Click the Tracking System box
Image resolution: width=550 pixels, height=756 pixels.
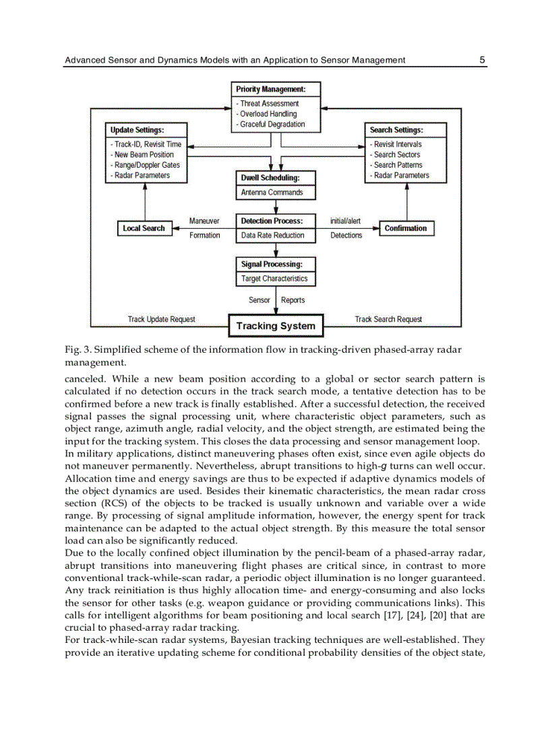pyautogui.click(x=276, y=326)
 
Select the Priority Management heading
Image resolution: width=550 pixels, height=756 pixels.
pyautogui.click(x=270, y=90)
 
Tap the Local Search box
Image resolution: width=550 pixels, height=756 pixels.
pyautogui.click(x=144, y=228)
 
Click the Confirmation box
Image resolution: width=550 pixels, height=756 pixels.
pyautogui.click(x=406, y=228)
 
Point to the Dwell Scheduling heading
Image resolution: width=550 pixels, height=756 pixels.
pyautogui.click(x=269, y=178)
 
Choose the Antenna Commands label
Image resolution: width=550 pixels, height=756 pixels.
pyautogui.click(x=272, y=193)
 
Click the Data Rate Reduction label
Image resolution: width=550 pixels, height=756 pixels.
pyautogui.click(x=272, y=236)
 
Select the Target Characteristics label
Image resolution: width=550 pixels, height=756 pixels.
pyautogui.click(x=274, y=279)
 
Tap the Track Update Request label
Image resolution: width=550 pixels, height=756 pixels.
pyautogui.click(x=162, y=319)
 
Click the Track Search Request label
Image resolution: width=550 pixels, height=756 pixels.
pyautogui.click(x=389, y=319)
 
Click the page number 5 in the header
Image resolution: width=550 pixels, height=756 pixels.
pyautogui.click(x=483, y=60)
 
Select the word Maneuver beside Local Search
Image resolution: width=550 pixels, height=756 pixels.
pyautogui.click(x=204, y=221)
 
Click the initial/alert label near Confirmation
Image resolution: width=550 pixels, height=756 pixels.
pyautogui.click(x=345, y=221)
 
